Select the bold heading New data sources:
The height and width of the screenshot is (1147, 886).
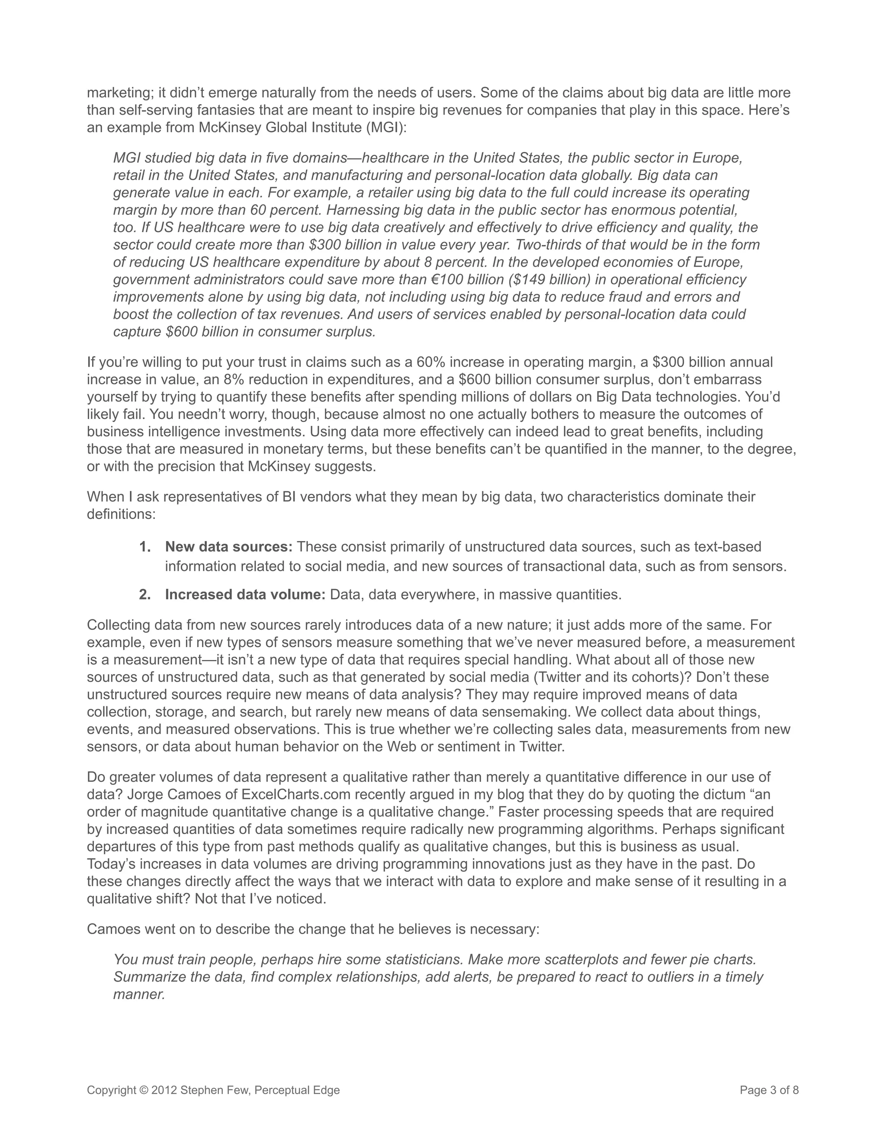pos(229,547)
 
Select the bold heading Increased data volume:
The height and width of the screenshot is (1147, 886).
pos(245,595)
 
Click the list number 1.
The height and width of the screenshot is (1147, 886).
pos(145,547)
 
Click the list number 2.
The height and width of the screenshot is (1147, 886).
pos(145,595)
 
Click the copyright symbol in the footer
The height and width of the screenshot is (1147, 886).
pos(144,1090)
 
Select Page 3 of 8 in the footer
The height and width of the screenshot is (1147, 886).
pos(769,1090)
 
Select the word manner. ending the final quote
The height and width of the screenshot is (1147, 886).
pos(139,994)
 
